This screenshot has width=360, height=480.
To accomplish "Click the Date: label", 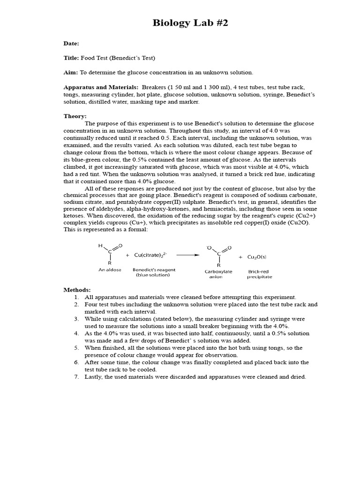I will click(x=71, y=43).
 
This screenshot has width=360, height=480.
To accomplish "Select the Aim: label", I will click(x=71, y=73).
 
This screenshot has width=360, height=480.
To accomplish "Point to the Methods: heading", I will click(x=77, y=290).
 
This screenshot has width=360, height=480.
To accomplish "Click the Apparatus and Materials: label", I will click(x=101, y=87).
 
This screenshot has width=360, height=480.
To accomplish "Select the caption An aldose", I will click(x=110, y=270).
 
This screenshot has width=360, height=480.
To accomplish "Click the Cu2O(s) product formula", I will click(x=257, y=257).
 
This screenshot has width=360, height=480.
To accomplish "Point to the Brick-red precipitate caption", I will click(x=259, y=274).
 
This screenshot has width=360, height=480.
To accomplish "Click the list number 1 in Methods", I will click(x=76, y=297).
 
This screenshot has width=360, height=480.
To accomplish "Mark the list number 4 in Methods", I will click(x=76, y=333).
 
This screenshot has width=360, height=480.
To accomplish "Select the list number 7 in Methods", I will click(x=76, y=377).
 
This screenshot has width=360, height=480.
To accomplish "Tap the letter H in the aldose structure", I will click(x=100, y=245).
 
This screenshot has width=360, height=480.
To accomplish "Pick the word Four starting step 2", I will click(x=91, y=304).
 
